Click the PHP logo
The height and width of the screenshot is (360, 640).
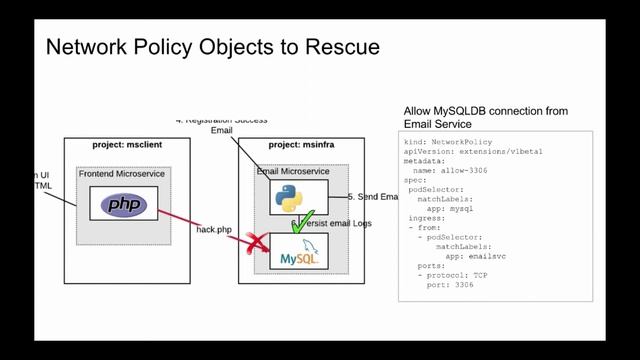click(124, 206)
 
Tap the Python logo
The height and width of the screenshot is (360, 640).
click(290, 198)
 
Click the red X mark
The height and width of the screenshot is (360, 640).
click(258, 243)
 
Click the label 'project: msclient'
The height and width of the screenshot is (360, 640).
click(127, 145)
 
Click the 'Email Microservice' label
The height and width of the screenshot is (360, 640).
click(293, 172)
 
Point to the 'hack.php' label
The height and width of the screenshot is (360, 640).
click(214, 230)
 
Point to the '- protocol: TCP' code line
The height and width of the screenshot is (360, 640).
click(452, 275)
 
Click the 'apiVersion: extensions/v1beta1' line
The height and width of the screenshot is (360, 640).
click(469, 152)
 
